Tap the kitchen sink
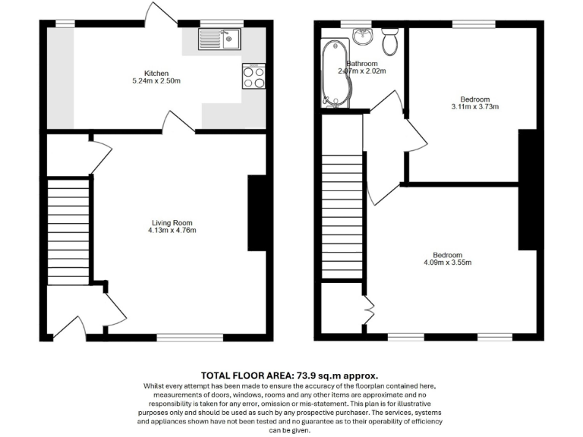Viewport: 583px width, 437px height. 219,39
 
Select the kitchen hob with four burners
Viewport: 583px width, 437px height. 254,76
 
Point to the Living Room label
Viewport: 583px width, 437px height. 172,222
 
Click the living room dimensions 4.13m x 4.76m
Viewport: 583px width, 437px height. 172,231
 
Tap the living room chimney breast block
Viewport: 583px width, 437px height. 257,213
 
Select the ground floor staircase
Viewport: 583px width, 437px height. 68,231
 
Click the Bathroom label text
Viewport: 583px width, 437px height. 361,64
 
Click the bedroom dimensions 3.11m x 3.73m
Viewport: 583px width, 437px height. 474,107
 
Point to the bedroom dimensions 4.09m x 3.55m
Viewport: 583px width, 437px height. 447,263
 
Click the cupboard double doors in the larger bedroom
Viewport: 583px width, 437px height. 370,308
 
